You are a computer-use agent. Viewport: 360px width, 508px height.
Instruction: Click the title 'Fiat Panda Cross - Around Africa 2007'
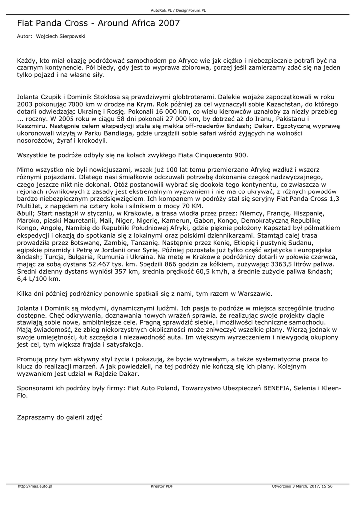[98, 23]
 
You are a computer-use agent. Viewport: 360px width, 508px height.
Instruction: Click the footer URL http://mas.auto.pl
[35, 486]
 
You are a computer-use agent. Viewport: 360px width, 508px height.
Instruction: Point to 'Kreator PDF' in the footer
[162, 486]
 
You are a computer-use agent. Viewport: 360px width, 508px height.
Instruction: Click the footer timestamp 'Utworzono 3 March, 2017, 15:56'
[302, 486]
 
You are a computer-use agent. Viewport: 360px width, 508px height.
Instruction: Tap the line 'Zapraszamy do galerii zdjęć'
[60, 418]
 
